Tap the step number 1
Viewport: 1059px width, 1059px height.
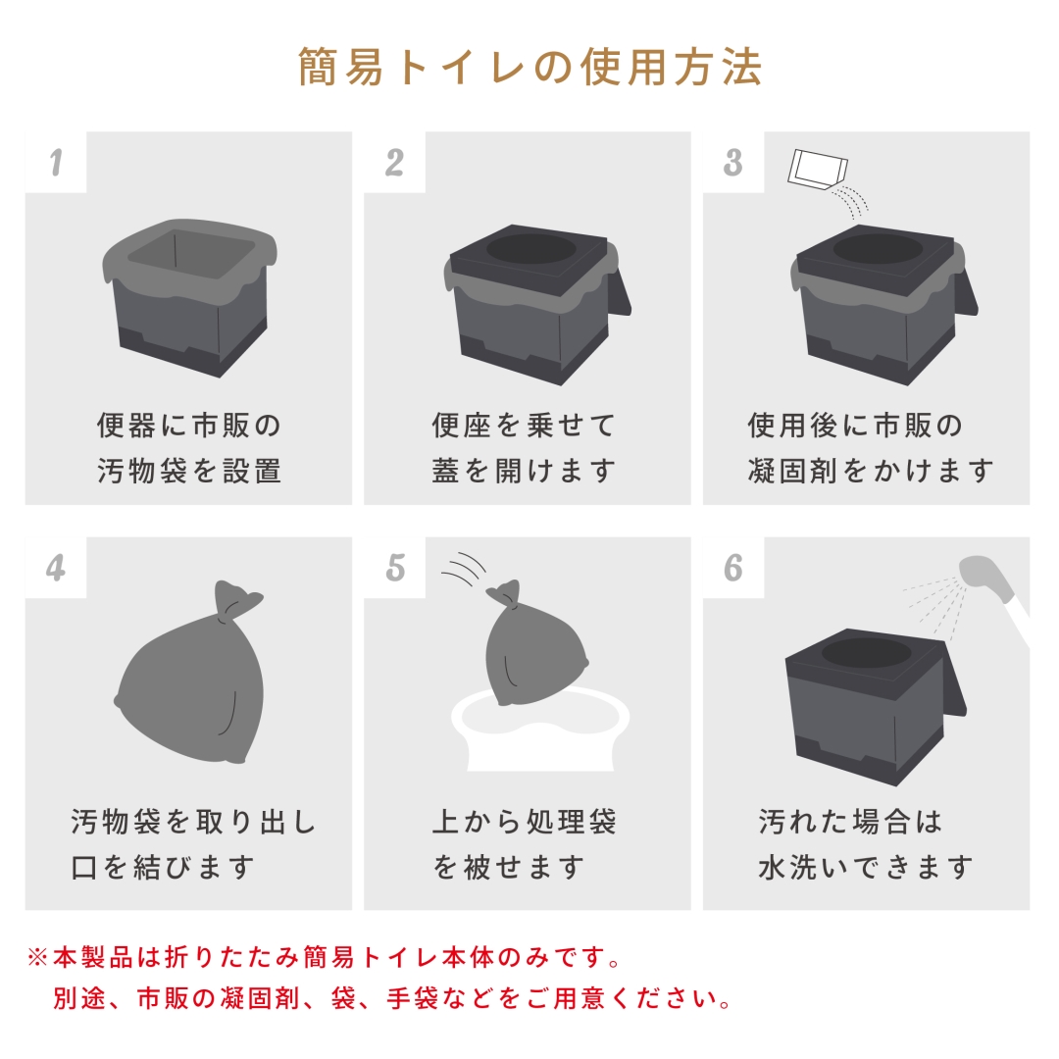pos(56,163)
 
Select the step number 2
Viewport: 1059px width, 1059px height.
pos(394,163)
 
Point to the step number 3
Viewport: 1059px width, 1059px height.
pos(732,163)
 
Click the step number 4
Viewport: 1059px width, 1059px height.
pos(56,568)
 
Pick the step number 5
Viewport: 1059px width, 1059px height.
pos(394,568)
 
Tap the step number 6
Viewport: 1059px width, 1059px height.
pos(732,568)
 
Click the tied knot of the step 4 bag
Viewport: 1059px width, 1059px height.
pos(233,600)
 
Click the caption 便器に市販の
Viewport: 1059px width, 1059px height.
pos(188,426)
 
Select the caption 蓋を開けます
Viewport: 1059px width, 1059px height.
pos(524,471)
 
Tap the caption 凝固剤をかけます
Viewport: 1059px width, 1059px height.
pos(871,471)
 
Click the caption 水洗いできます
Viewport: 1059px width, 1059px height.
pos(866,867)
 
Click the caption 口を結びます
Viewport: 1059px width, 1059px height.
pos(163,867)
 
